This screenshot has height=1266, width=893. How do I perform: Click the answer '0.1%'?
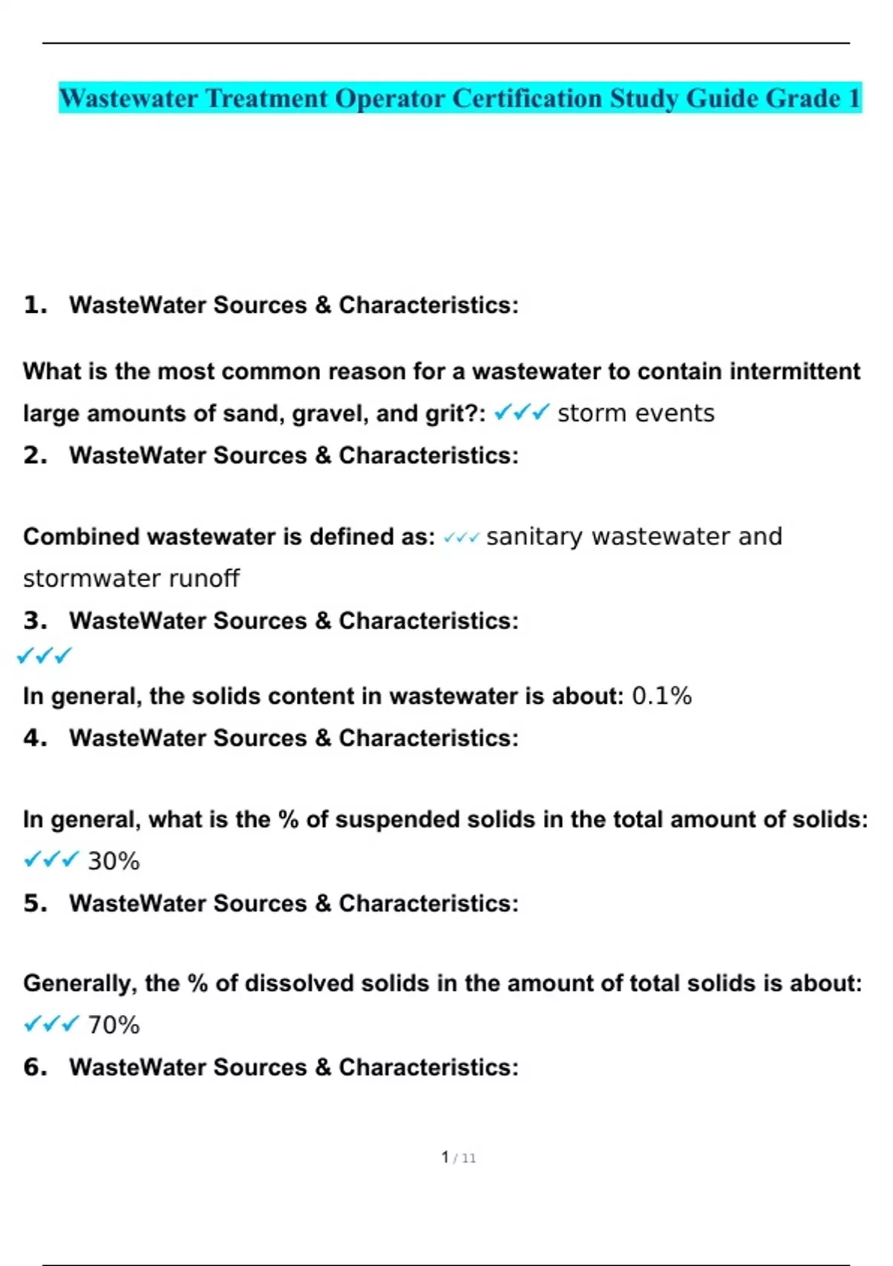tap(662, 696)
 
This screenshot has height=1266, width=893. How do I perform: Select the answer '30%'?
tap(113, 862)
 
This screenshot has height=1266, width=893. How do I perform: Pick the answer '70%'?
tap(113, 1025)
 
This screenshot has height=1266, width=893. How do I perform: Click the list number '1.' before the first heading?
tap(35, 305)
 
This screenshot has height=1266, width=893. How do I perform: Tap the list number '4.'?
tap(35, 739)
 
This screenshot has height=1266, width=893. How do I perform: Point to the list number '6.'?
tap(35, 1068)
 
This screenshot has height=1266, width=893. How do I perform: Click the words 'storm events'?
tap(636, 413)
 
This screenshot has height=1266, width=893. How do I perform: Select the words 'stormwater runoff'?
tap(131, 579)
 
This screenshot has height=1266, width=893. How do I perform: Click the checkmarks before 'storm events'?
tap(522, 412)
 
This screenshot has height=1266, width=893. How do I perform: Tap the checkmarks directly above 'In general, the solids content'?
tap(44, 656)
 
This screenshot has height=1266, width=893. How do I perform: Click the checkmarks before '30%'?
tap(51, 861)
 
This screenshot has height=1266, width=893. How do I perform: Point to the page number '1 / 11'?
tap(458, 1158)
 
